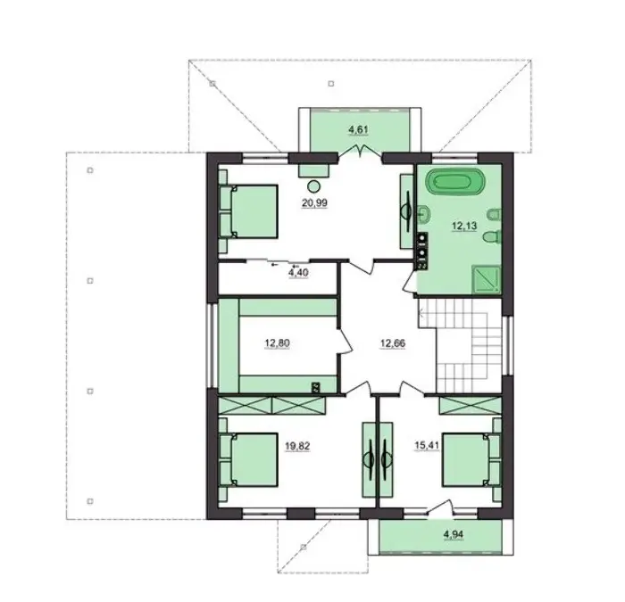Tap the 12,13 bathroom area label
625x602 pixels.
(464, 226)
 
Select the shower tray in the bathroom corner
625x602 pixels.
(487, 279)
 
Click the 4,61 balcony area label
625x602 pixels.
(358, 129)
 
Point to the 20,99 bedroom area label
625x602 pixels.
(314, 203)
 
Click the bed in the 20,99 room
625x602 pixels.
(248, 211)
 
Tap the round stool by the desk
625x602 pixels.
(314, 186)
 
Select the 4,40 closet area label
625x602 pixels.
(298, 273)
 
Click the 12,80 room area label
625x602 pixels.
(277, 342)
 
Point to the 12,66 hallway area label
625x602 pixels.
(393, 342)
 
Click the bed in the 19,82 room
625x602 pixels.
(248, 460)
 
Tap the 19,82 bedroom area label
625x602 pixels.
(297, 446)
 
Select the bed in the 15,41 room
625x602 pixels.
(471, 460)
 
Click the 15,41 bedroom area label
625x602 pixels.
(426, 445)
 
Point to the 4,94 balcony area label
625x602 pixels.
(454, 534)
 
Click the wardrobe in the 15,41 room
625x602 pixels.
(470, 406)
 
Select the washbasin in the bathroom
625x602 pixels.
(424, 213)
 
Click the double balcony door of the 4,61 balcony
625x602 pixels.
(361, 152)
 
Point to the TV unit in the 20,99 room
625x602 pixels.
(407, 211)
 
